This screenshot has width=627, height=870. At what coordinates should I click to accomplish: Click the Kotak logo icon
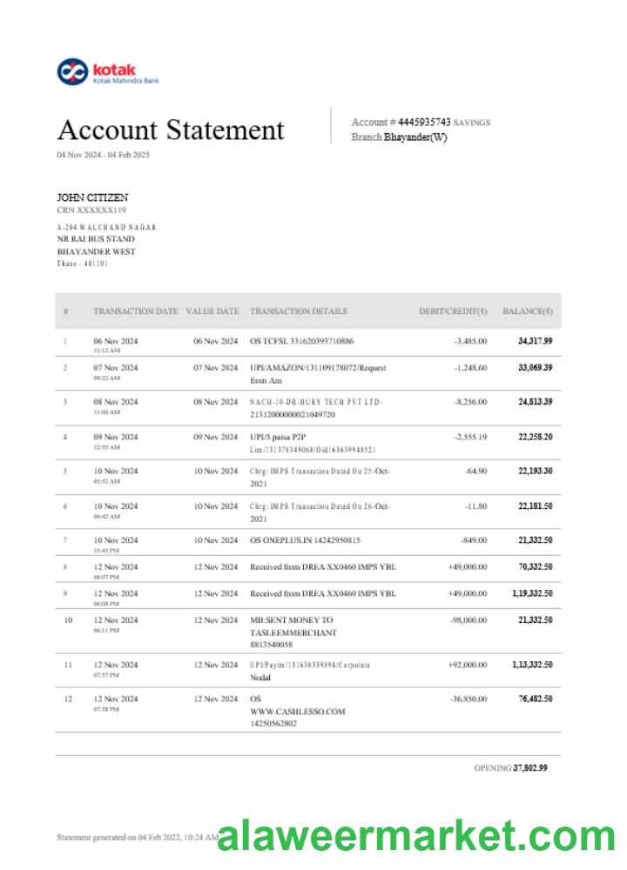(x=72, y=72)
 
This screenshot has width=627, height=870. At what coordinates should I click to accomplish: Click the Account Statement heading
(x=171, y=130)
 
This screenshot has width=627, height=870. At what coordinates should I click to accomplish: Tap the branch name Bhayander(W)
(x=415, y=137)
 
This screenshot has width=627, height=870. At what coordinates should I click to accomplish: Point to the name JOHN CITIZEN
(x=92, y=197)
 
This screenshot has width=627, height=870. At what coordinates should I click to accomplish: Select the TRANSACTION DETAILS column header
(x=298, y=311)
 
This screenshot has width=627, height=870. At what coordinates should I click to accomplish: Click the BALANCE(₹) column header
(x=527, y=311)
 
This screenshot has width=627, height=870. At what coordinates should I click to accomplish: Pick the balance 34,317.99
(x=535, y=341)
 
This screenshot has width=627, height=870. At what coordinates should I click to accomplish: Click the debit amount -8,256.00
(x=470, y=402)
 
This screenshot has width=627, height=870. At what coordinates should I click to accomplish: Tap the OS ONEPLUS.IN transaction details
(x=304, y=540)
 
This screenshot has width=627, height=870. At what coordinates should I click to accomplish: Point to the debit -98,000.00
(x=468, y=620)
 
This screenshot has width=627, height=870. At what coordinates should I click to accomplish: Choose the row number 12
(x=67, y=699)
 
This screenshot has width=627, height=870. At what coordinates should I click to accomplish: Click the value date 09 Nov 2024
(x=215, y=437)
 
